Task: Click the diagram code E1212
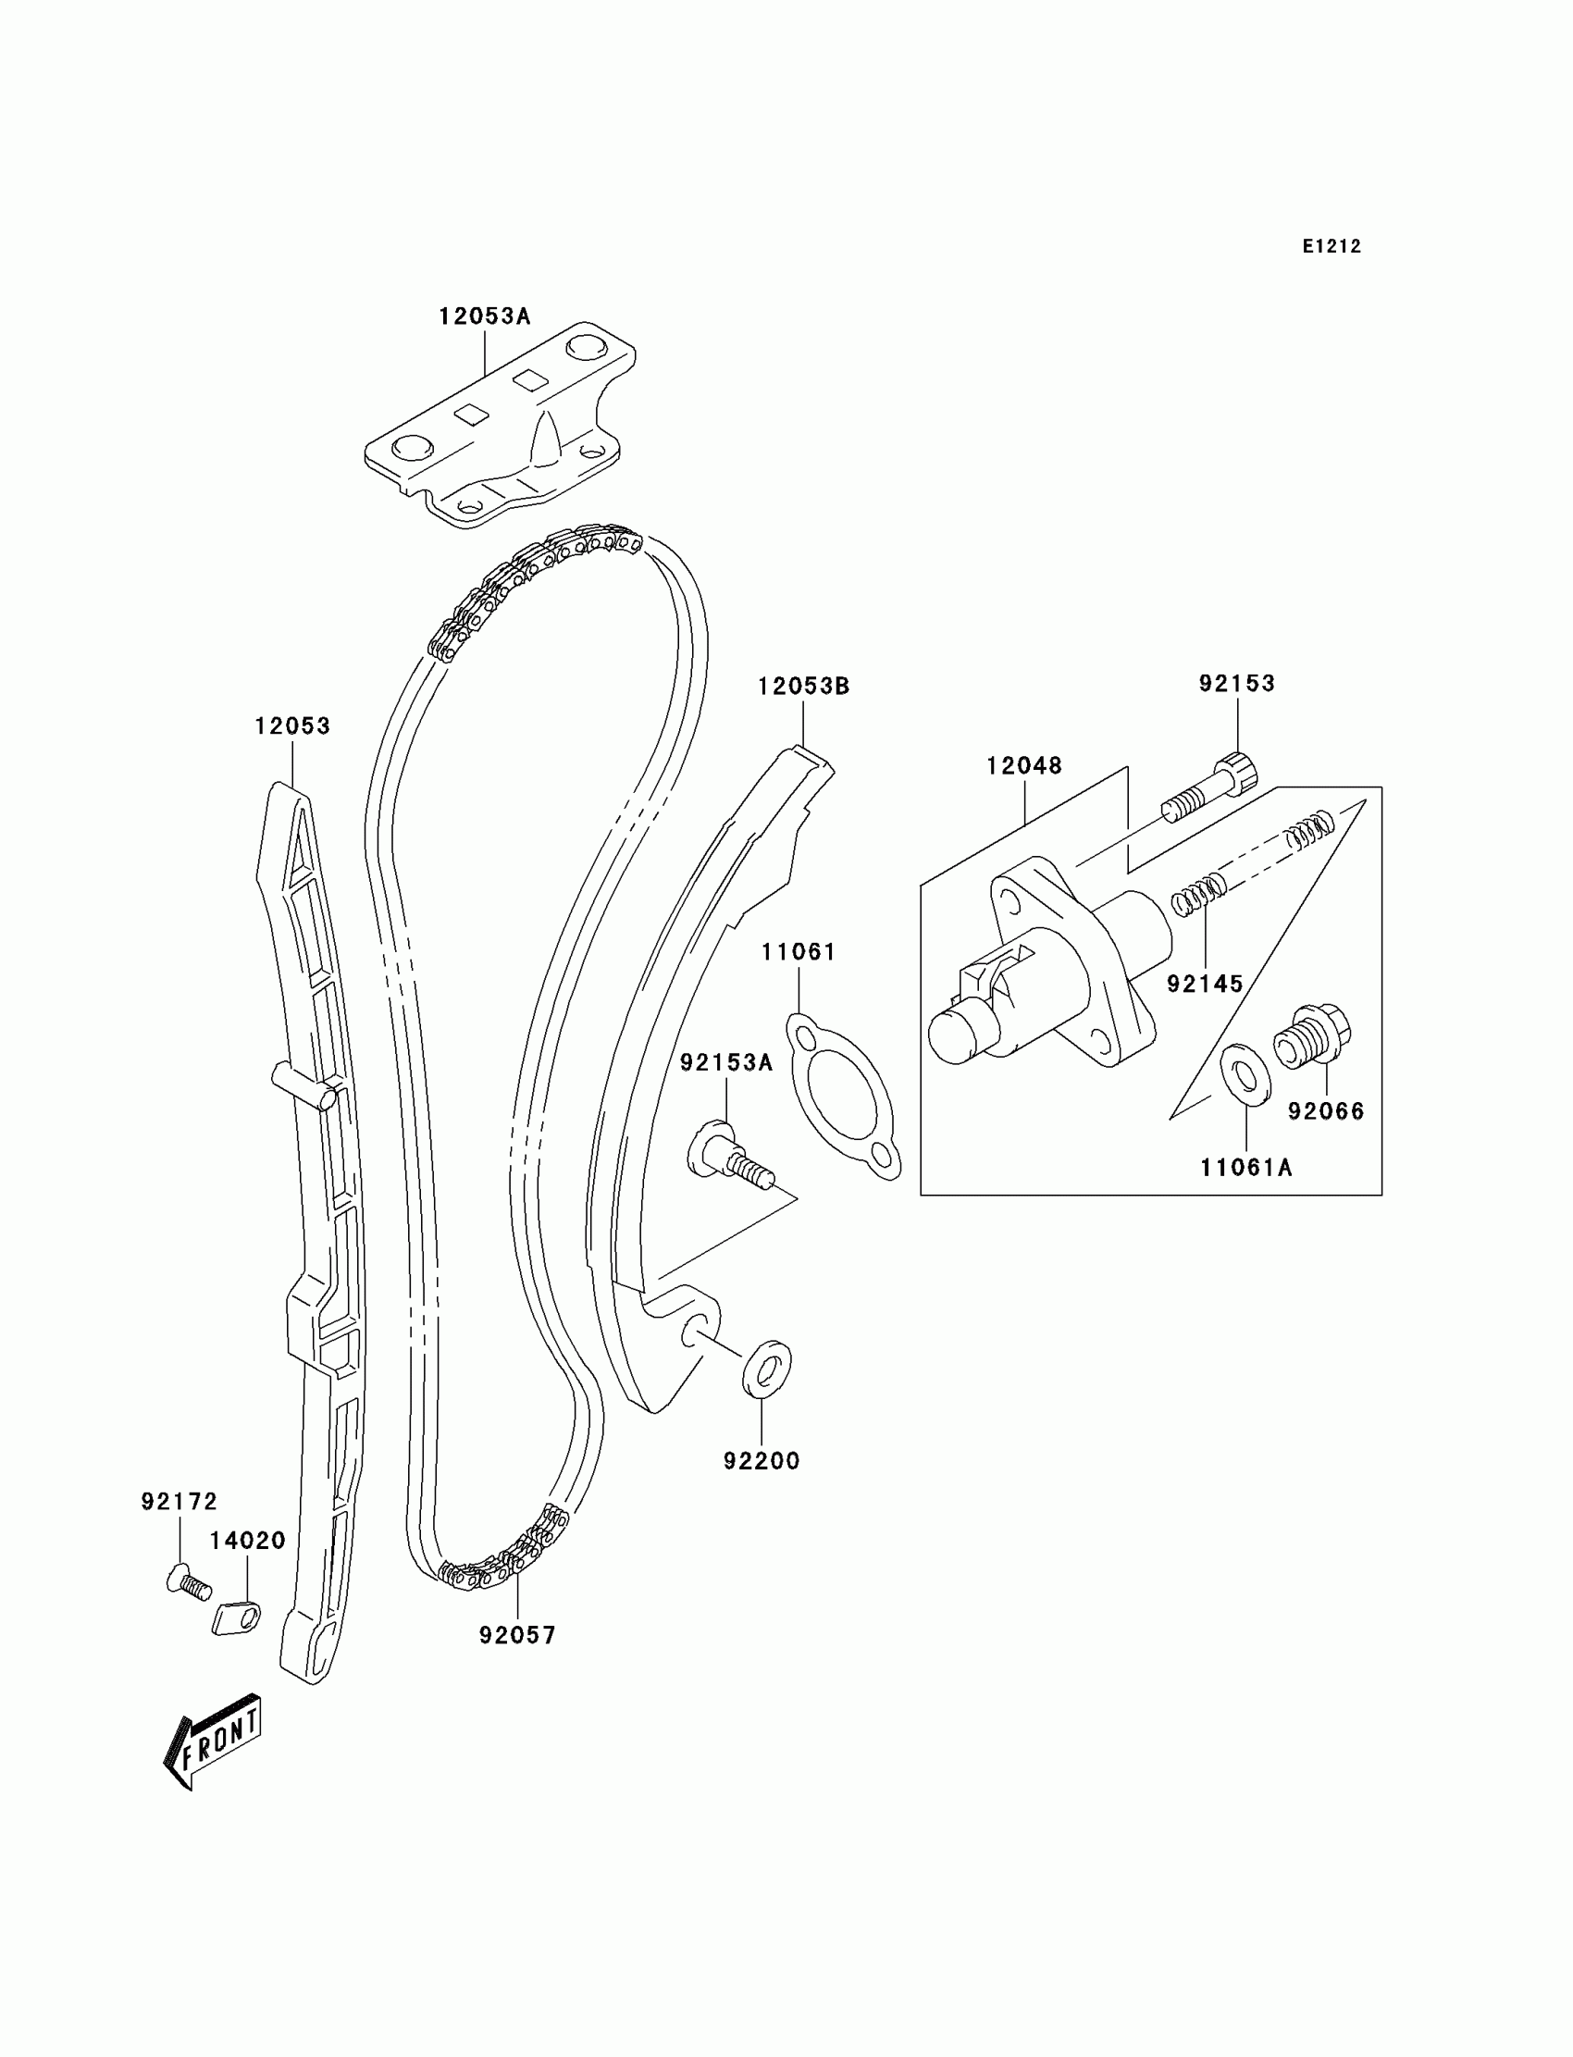(1331, 246)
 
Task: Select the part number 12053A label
(484, 316)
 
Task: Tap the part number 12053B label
(803, 687)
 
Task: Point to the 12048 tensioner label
(1024, 766)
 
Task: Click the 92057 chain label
(518, 1635)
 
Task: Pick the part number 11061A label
(1246, 1168)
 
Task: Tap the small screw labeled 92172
(187, 1582)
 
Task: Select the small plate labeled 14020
(236, 1617)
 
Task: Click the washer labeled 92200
(766, 1369)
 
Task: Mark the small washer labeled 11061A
(1246, 1074)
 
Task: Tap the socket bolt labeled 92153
(1210, 788)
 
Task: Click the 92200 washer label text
(762, 1460)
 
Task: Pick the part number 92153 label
(1237, 684)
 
